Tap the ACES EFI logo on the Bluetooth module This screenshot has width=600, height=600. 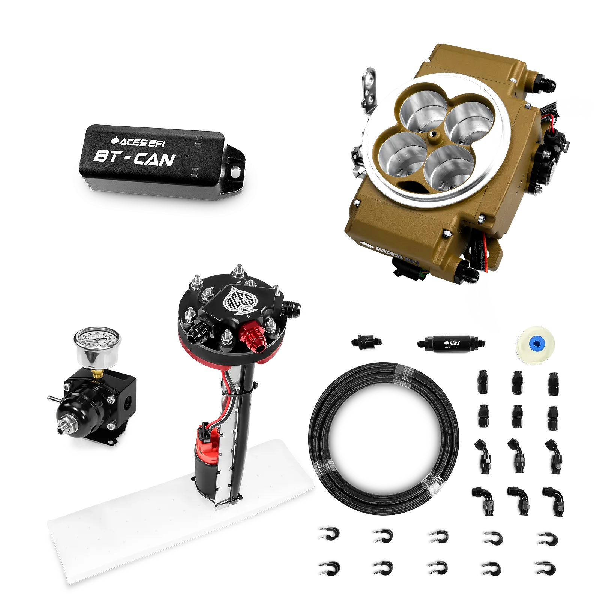tap(137, 142)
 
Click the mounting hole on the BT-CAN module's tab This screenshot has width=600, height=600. tap(236, 172)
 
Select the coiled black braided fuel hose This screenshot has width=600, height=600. tap(382, 439)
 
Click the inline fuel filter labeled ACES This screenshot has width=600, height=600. tap(451, 342)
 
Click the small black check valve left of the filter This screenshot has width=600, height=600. tap(367, 341)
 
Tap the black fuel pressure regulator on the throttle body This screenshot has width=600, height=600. tap(553, 165)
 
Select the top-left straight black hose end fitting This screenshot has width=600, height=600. tap(482, 381)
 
